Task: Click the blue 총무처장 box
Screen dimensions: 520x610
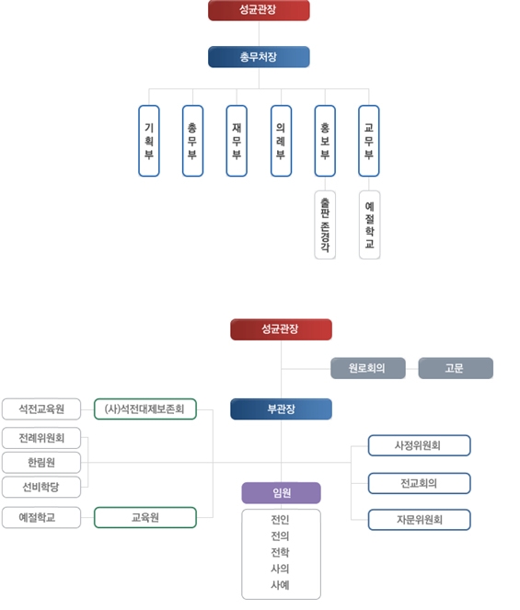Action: pos(259,57)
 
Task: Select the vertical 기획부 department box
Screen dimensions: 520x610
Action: pos(149,141)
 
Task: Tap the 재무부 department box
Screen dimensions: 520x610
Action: pos(237,141)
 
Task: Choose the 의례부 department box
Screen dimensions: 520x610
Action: pos(281,141)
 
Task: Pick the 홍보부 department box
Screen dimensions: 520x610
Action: pos(325,141)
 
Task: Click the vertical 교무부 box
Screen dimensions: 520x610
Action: pos(369,141)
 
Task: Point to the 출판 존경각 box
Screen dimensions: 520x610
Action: pos(325,224)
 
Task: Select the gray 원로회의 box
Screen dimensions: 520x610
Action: pos(368,368)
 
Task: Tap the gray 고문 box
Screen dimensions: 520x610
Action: pos(456,368)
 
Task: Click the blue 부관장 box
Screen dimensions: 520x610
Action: pos(281,409)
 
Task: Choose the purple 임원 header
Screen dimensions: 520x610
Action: pos(281,493)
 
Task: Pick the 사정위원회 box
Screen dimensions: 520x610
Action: pos(419,445)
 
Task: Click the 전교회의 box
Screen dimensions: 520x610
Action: pos(419,483)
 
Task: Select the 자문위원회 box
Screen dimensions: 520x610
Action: pos(419,520)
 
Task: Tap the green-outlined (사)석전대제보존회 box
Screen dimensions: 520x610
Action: pos(145,409)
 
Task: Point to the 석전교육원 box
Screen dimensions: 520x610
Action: pos(41,409)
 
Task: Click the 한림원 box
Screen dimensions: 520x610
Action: pos(41,463)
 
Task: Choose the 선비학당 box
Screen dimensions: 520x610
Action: pos(41,487)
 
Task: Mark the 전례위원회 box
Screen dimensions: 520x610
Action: pos(41,438)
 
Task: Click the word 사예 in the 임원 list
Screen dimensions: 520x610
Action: pos(280,585)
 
